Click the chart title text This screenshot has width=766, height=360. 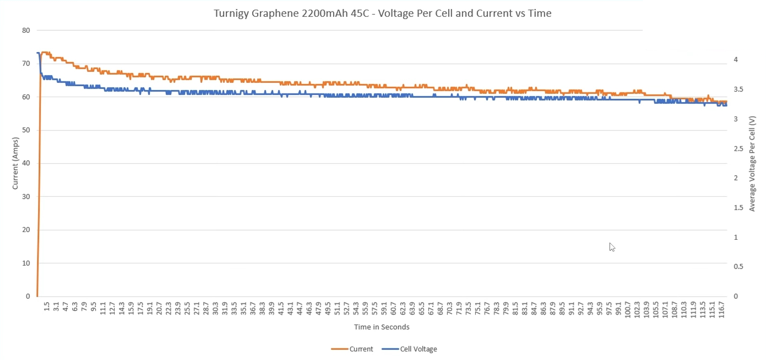382,13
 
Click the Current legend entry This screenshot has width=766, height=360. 352,349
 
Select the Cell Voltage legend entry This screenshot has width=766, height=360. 409,349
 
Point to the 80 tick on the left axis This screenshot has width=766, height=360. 26,30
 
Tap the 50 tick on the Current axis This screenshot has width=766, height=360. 26,130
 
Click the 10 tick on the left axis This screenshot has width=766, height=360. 26,263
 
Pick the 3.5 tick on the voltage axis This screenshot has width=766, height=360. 738,89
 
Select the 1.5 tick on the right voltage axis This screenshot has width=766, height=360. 738,207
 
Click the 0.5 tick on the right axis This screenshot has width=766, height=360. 738,267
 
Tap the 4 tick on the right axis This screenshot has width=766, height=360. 736,60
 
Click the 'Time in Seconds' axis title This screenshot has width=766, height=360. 382,327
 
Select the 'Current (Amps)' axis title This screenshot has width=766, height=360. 15,163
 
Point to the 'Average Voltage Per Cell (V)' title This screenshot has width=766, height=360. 752,164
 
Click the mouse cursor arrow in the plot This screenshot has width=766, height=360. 612,247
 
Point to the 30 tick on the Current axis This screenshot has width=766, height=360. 26,196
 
